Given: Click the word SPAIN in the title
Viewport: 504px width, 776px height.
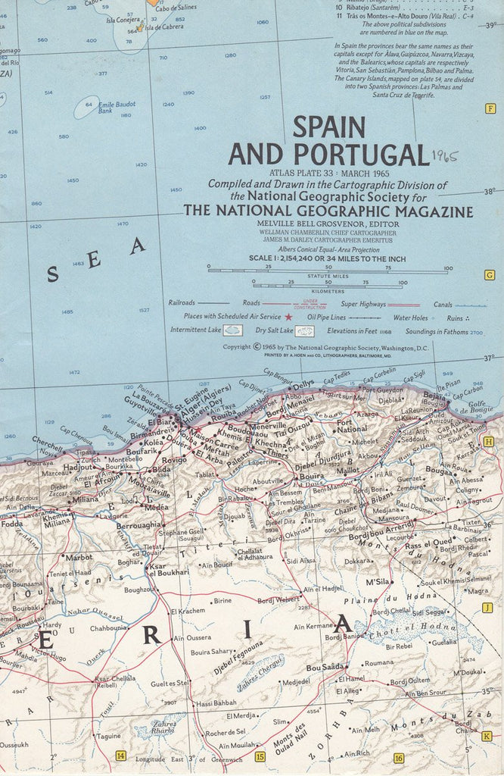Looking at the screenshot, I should point(328,127).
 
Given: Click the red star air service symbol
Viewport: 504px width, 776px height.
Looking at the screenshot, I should point(288,317).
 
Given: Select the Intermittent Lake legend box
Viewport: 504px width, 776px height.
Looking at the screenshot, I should point(234,331).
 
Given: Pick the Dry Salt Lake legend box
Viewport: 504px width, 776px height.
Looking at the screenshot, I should point(304,331).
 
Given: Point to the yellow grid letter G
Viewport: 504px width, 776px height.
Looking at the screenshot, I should point(489,275).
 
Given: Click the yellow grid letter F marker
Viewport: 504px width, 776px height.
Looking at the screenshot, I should point(490,108).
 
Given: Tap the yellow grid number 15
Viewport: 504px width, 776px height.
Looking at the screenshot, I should point(260,756).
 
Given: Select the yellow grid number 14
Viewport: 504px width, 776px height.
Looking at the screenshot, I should point(120,756).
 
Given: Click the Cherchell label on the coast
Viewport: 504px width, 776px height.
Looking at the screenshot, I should point(48,440).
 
